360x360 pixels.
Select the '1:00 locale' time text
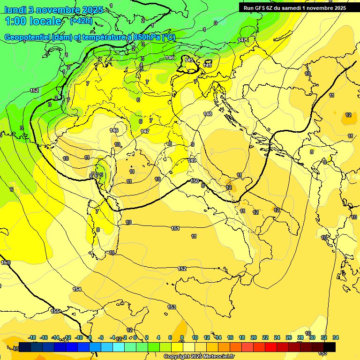[x=33, y=21]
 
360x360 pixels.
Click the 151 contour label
[x=175, y=228]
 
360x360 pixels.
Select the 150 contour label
[x=195, y=181]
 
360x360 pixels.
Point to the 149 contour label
[x=192, y=160]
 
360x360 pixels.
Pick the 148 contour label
[x=208, y=114]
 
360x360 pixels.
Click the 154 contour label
[x=77, y=289]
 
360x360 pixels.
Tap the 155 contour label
[x=55, y=311]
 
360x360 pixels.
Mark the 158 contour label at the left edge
[x=6, y=262]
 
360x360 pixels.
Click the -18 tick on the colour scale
[x=32, y=337]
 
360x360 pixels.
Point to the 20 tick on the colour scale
[x=254, y=337]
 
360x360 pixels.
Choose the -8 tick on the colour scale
[x=89, y=337]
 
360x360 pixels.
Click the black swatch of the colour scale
[x=330, y=347]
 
